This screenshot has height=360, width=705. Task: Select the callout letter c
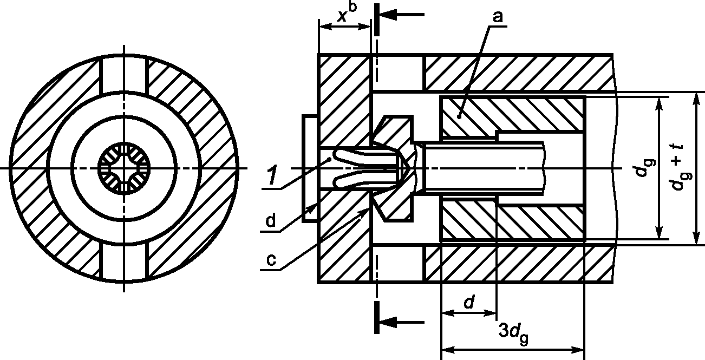click(271, 260)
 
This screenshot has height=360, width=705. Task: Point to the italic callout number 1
click(272, 175)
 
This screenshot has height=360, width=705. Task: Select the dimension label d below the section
click(469, 302)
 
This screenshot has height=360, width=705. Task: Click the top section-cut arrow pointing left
click(402, 15)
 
